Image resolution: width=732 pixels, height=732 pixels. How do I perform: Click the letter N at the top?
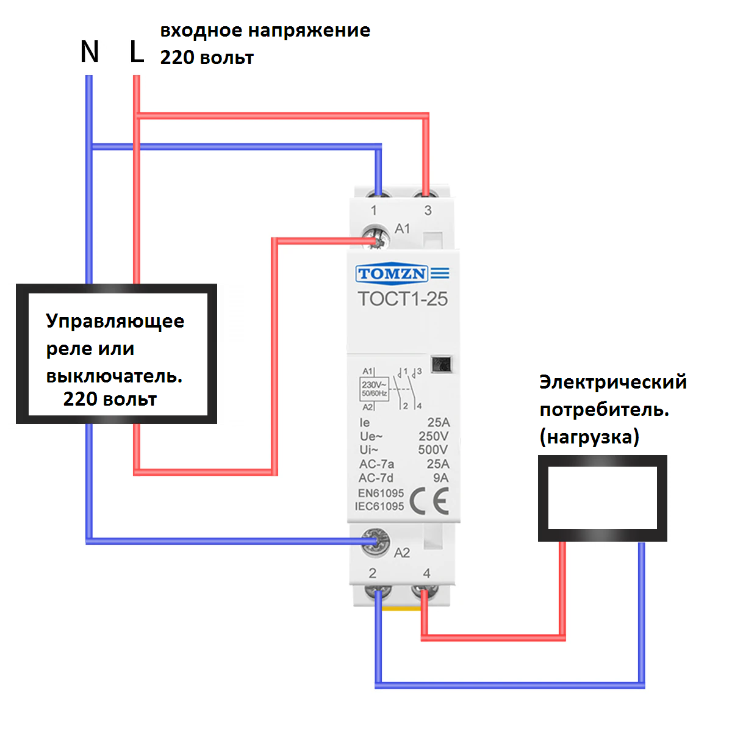[x=90, y=52]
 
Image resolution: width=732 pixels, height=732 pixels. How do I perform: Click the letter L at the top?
[x=137, y=52]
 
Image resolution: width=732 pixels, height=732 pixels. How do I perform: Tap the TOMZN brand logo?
[x=402, y=273]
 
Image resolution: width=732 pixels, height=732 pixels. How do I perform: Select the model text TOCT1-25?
[x=403, y=299]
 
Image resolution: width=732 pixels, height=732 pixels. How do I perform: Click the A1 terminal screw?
[x=376, y=238]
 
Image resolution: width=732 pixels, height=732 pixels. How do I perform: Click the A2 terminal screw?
[x=375, y=542]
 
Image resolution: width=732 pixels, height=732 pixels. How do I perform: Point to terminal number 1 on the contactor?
[x=374, y=210]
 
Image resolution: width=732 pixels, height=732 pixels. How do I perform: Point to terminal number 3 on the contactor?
[x=428, y=210]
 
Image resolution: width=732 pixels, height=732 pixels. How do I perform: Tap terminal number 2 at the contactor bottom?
[x=373, y=573]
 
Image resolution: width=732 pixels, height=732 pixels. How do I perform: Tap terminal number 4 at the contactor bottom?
[x=427, y=573]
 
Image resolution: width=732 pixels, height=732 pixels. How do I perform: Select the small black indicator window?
[x=442, y=364]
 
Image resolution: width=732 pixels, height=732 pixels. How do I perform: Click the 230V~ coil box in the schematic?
[x=374, y=389]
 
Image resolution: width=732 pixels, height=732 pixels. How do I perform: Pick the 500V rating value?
[x=433, y=450]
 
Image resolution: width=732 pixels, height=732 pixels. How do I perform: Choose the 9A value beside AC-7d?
[x=440, y=478]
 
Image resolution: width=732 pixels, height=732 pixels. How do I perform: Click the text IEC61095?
[x=379, y=506]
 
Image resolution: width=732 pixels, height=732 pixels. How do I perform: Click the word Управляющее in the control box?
[x=115, y=322]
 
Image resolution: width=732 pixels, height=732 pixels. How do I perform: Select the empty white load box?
[x=603, y=498]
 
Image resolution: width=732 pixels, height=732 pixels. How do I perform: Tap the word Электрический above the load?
[x=613, y=382]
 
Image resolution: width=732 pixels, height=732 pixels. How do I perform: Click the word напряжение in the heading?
[x=309, y=31]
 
